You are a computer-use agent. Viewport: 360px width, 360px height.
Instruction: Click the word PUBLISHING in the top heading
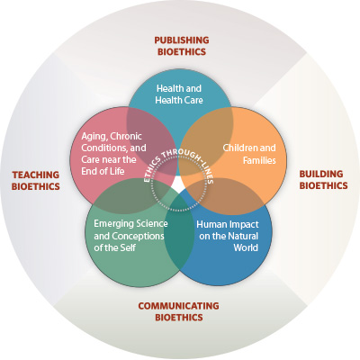(182, 40)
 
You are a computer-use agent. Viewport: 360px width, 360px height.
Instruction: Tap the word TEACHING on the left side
(36, 175)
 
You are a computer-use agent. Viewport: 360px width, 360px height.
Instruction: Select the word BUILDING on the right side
(321, 174)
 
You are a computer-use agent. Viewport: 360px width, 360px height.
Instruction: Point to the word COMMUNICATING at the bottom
(178, 306)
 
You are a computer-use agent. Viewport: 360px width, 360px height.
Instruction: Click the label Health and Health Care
(179, 94)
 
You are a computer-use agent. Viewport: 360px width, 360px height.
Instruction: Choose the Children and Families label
(249, 154)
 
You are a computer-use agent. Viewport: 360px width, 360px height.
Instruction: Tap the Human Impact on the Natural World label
(228, 236)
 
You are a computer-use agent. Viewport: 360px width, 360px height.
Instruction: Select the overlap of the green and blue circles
(179, 233)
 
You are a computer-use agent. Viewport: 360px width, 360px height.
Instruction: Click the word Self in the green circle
(128, 247)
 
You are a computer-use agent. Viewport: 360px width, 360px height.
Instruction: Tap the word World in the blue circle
(246, 247)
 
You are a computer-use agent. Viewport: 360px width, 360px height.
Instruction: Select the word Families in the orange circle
(259, 160)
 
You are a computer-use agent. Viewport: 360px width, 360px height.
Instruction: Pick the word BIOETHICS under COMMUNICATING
(179, 317)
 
